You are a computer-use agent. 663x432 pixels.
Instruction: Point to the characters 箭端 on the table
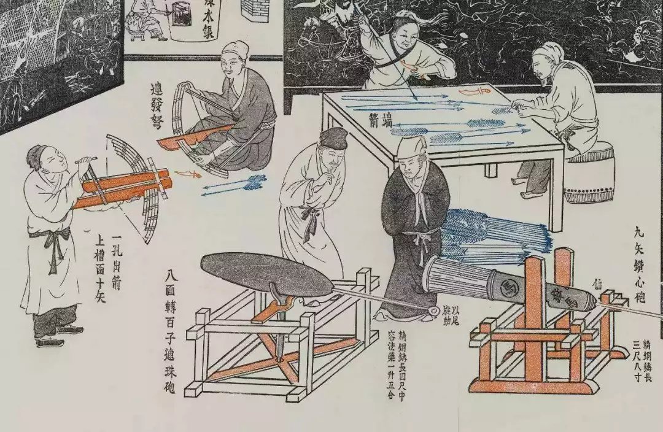[x=376, y=115]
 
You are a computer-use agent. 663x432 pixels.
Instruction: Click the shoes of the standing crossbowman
[x=52, y=337]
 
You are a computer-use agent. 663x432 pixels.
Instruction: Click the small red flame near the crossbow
[x=187, y=173]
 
